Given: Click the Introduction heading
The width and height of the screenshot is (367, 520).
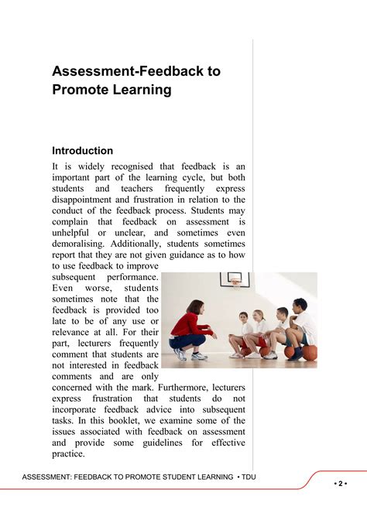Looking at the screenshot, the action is (x=82, y=150).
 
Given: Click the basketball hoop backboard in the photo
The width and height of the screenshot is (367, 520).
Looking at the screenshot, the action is (x=235, y=280).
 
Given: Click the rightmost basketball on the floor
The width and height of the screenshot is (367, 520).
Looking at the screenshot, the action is (x=309, y=353).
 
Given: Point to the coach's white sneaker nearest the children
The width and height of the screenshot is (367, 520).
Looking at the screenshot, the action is (x=201, y=356).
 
